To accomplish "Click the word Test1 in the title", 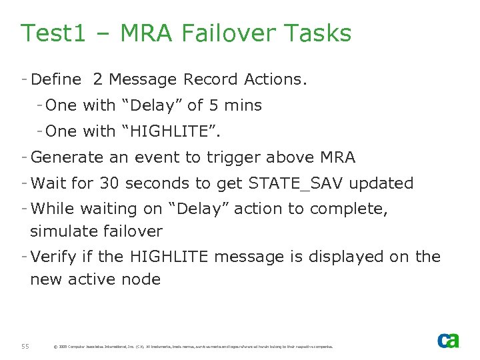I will [53, 33].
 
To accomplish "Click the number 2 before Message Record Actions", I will [98, 79].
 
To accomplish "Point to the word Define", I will [56, 79].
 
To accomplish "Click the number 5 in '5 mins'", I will [214, 105].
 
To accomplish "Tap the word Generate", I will [65, 157].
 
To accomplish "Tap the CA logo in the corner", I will [448, 341].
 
